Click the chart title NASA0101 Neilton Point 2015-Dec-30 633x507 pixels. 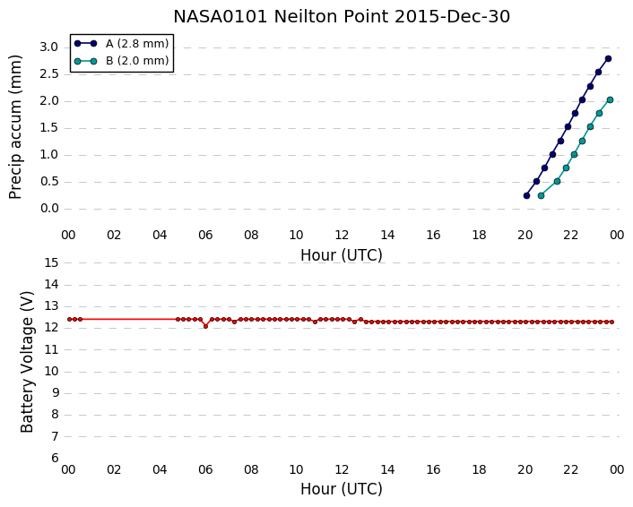point(342,16)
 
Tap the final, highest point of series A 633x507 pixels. point(609,59)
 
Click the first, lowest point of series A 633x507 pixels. point(526,195)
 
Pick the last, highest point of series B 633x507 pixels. point(610,100)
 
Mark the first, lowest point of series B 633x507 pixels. point(541,195)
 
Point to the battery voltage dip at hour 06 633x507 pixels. point(205,326)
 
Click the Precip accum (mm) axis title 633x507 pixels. point(15,127)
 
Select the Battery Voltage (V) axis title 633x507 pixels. point(27,362)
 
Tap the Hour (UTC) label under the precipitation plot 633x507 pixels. point(342,255)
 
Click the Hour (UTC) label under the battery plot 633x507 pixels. point(342,489)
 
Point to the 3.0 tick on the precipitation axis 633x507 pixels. point(49,47)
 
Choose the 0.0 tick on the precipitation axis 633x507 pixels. point(49,209)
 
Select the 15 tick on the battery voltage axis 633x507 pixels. point(51,263)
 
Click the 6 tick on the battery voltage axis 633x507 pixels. point(55,459)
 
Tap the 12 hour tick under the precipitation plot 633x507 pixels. point(342,235)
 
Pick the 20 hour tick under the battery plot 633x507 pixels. point(525,470)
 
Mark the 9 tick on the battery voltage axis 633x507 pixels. point(55,393)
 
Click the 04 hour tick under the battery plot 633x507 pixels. point(160,470)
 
